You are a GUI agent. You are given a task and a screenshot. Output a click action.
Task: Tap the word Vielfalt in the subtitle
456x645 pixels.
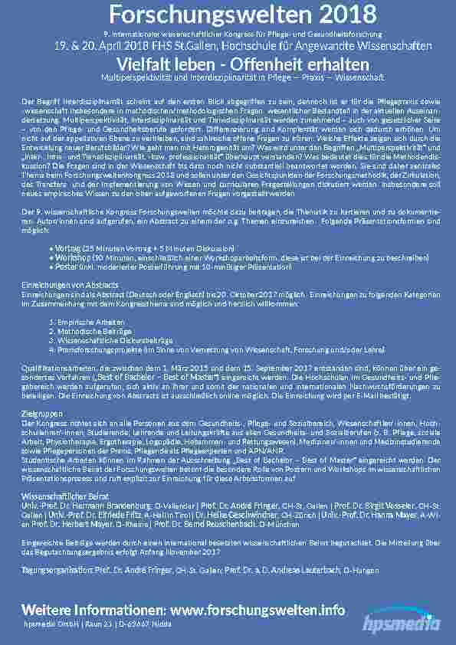[139, 64]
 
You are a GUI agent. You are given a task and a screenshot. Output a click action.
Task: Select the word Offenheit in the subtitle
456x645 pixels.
[255, 64]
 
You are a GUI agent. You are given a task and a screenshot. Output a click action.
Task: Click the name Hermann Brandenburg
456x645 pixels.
[108, 506]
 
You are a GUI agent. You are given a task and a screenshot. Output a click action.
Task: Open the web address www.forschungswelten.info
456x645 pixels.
[261, 610]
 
